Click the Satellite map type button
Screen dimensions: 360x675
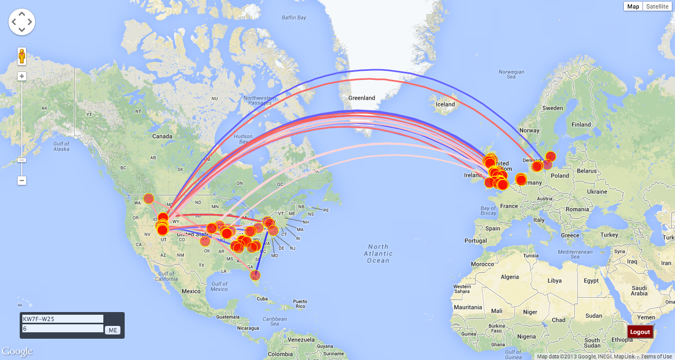657,6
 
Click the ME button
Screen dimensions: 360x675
112,330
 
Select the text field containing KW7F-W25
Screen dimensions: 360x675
62,319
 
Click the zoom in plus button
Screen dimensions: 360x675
22,76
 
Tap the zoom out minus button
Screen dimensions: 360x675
22,181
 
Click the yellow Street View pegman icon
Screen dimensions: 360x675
22,56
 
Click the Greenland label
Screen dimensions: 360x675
362,98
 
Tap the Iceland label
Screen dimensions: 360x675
445,104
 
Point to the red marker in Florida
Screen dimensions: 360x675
255,275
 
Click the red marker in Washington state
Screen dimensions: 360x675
149,199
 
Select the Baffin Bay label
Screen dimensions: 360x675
294,18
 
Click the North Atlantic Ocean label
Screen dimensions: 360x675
378,253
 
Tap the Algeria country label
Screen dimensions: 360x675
510,277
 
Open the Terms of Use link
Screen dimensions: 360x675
656,357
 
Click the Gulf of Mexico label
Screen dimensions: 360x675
219,287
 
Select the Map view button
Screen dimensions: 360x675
633,6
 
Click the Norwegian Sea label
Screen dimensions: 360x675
511,75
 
